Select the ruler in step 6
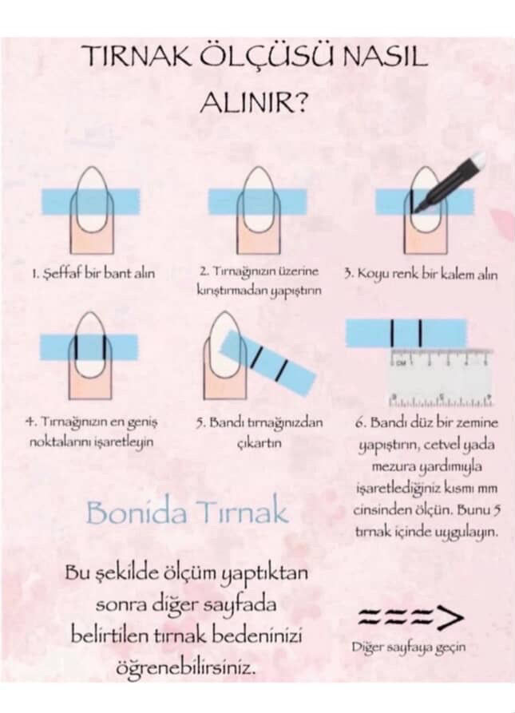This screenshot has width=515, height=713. [x=442, y=378]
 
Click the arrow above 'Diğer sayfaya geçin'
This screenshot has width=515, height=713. [x=411, y=617]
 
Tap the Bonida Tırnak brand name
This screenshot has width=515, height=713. [x=188, y=512]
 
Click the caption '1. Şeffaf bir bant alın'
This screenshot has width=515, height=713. [x=93, y=274]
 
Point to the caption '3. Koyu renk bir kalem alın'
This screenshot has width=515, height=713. [x=421, y=274]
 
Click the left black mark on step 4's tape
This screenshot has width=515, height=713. [x=77, y=347]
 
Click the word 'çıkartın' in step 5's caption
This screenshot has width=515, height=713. [x=259, y=443]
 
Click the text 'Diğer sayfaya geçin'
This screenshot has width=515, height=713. [x=409, y=647]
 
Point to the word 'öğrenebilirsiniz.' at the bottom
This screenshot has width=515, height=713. [x=184, y=667]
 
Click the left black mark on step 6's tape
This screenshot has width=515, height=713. [x=391, y=332]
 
